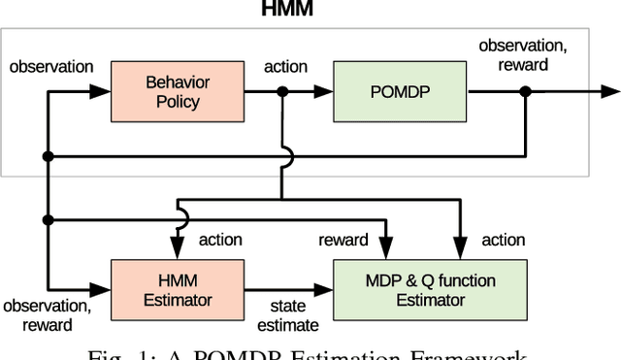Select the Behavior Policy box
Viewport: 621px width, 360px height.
(x=178, y=91)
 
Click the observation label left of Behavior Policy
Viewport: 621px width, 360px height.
(x=50, y=67)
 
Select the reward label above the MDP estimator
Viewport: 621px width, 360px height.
(x=343, y=240)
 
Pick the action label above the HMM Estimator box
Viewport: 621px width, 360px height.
(x=222, y=240)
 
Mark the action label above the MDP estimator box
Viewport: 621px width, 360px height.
(x=503, y=240)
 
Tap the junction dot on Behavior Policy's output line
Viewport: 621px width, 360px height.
(x=282, y=92)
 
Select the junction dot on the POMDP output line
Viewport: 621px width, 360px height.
(x=525, y=92)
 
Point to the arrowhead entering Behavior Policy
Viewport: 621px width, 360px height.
(x=104, y=92)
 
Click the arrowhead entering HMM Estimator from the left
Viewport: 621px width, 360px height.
(x=104, y=289)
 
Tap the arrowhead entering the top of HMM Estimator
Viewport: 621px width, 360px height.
(x=179, y=253)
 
